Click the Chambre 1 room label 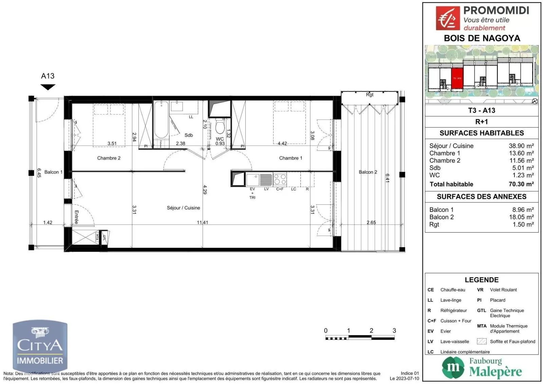[x=291, y=158]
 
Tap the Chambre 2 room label [x=109, y=158]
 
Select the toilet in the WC [x=220, y=126]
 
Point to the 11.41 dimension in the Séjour [x=202, y=222]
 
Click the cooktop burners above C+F [x=280, y=179]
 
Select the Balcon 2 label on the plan [x=368, y=172]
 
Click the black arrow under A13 [x=48, y=87]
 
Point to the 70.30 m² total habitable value [x=521, y=184]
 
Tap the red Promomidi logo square [x=448, y=18]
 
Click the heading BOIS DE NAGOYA [x=482, y=38]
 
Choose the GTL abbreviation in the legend [x=481, y=310]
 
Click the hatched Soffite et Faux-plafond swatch [x=482, y=341]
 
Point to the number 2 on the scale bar [x=371, y=330]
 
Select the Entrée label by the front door [x=76, y=217]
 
